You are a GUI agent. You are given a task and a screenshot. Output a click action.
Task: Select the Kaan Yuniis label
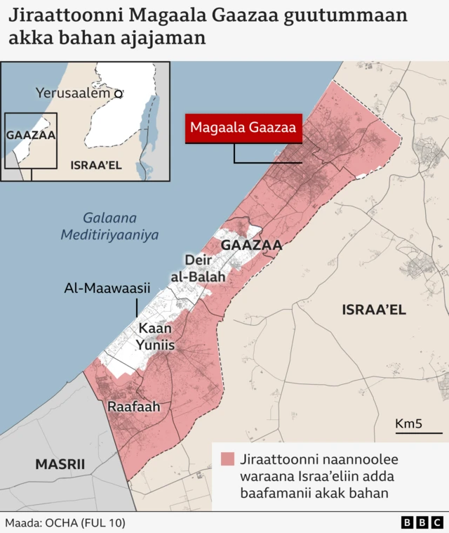156,337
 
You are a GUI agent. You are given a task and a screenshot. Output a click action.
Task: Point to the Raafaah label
133,407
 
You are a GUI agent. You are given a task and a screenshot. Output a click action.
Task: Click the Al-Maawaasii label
102,288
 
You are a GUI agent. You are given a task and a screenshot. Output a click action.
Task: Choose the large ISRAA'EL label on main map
374,310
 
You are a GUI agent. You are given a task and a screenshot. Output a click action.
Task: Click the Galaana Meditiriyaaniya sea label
109,226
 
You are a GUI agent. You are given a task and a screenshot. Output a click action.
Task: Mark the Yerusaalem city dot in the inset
119,93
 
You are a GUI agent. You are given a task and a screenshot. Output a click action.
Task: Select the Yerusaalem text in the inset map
73,93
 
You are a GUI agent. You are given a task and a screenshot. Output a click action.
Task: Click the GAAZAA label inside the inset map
31,135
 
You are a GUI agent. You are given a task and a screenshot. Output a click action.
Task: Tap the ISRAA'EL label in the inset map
96,165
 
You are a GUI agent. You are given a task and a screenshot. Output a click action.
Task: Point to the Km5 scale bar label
408,423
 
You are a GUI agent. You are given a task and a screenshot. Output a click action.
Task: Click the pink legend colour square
227,460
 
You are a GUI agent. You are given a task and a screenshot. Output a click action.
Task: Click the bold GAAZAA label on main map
251,245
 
